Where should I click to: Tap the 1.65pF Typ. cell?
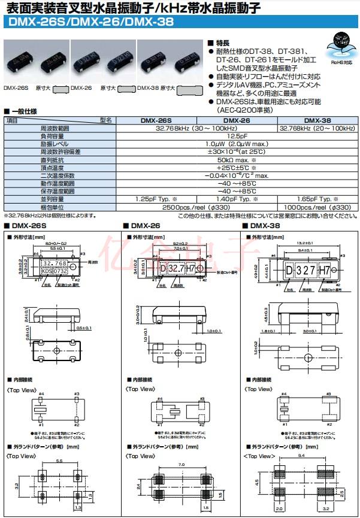coord(317,198)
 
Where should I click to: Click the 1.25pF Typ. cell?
coord(156,198)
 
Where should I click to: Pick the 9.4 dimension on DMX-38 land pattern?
coord(302,457)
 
